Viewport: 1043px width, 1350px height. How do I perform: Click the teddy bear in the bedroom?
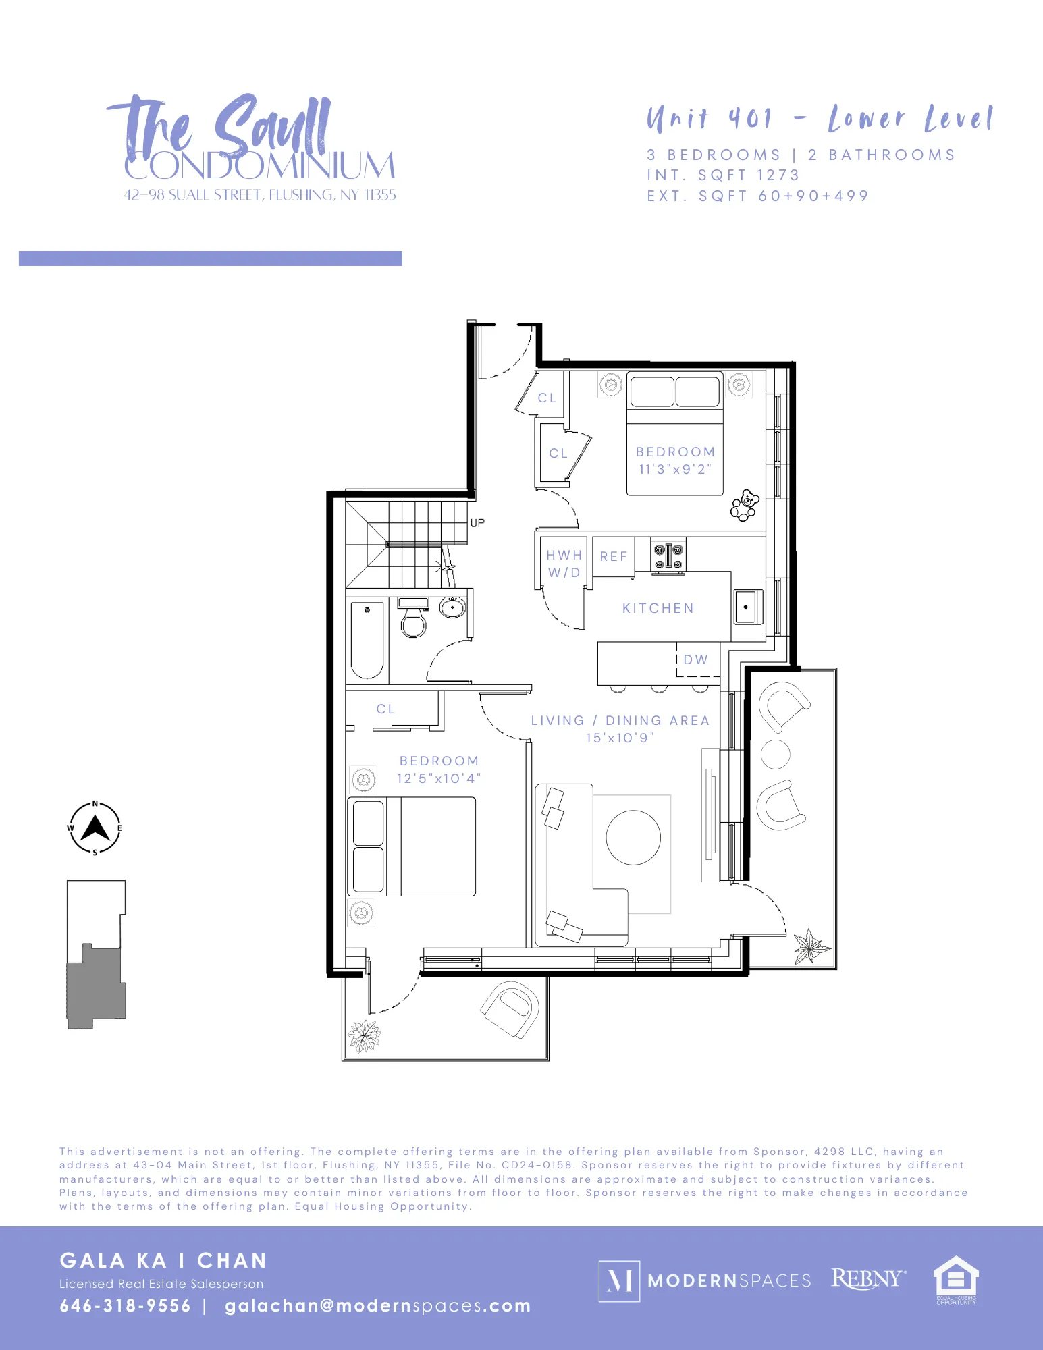coord(745,505)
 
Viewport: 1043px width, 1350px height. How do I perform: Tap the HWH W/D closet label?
coord(564,564)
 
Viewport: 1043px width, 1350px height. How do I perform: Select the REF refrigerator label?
coord(614,557)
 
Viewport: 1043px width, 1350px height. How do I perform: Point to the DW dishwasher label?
coord(696,659)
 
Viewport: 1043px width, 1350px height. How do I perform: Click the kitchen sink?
coord(746,607)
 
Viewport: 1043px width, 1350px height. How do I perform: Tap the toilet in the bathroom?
coord(413,619)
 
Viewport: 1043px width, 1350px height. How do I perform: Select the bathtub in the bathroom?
coord(367,640)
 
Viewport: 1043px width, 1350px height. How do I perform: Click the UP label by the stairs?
coord(477,523)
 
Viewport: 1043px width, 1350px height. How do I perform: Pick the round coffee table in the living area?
coord(633,837)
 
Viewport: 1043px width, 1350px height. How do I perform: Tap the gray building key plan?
coord(95,986)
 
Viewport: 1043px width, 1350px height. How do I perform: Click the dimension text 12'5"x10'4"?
coord(439,778)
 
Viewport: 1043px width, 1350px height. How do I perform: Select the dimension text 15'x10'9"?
coord(620,738)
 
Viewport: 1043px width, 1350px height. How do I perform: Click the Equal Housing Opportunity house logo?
coord(955,1278)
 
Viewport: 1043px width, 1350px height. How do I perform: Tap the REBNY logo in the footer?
coord(867,1278)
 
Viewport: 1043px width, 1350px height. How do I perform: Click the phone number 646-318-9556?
coord(126,1305)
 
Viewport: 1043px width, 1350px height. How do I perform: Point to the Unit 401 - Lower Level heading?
coord(820,119)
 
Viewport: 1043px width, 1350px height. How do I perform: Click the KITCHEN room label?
coord(658,608)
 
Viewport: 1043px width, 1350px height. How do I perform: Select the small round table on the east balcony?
coord(776,754)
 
